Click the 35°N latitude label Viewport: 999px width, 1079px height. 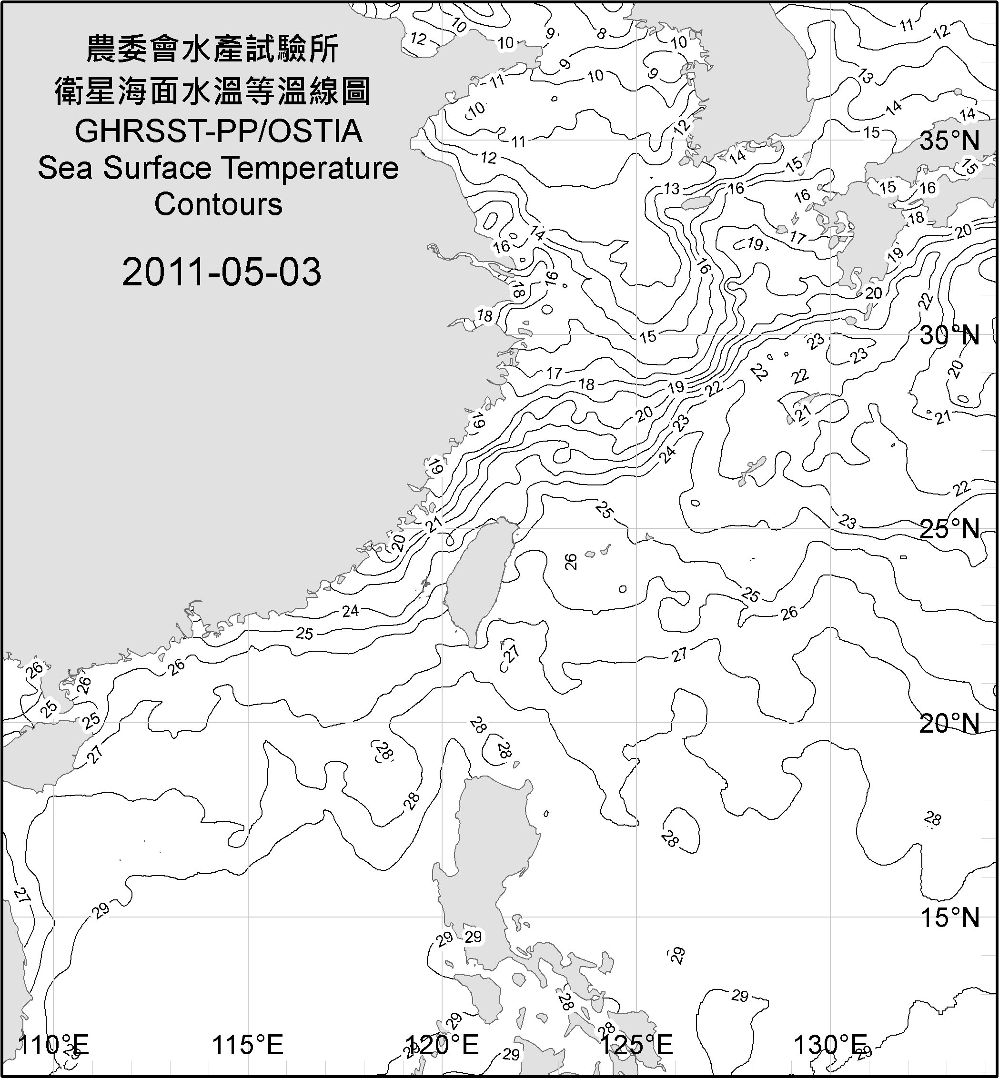pos(949,141)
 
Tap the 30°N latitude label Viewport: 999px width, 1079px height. pos(949,336)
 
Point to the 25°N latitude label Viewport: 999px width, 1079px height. pos(949,529)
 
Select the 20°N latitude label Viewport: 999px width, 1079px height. pos(949,723)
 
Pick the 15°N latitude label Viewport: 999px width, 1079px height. pos(949,918)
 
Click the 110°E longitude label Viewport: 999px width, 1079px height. pos(54,1045)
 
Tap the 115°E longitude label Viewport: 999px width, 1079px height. pos(248,1045)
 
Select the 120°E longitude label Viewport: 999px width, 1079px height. pos(442,1045)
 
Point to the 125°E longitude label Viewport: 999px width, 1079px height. pos(637,1045)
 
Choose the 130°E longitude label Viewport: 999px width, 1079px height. pos(830,1045)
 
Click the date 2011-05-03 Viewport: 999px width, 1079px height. pos(222,272)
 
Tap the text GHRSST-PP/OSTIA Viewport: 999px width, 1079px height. pos(218,131)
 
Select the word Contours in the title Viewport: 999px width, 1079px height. pos(218,204)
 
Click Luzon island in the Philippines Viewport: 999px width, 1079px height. pos(489,843)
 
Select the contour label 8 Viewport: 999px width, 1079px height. pos(601,34)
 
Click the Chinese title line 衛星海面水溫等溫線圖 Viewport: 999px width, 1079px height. pos(212,91)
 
